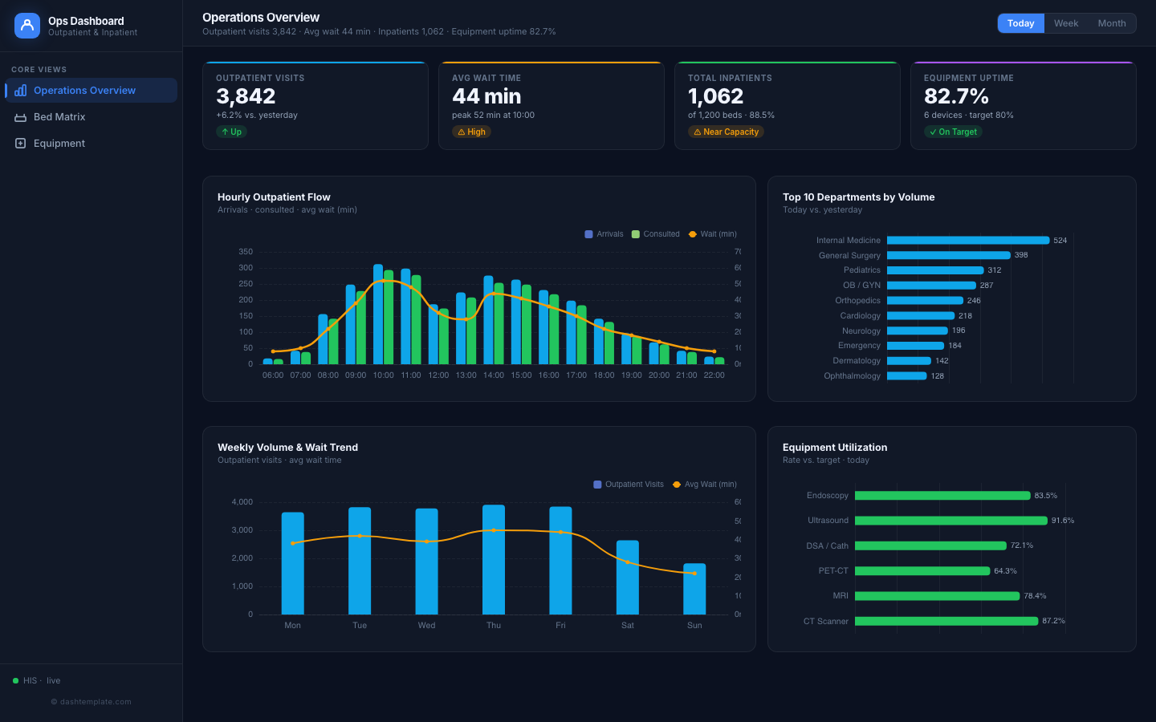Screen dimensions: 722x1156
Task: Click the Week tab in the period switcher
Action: coord(1065,23)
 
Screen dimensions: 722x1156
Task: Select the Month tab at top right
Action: coord(1111,23)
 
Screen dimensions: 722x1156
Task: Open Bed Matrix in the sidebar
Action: coord(59,117)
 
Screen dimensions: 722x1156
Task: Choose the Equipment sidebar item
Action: coord(59,144)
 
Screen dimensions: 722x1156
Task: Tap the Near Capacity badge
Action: coord(726,132)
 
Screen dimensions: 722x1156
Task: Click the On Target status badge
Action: coord(953,132)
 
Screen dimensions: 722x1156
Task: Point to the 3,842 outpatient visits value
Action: coord(246,96)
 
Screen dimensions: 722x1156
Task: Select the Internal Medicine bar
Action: coord(967,241)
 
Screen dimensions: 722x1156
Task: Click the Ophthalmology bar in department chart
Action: coord(906,376)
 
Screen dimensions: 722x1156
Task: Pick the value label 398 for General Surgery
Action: coord(1021,255)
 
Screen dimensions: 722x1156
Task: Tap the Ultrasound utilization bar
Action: coord(950,521)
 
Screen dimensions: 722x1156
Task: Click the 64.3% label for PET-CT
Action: coord(1005,571)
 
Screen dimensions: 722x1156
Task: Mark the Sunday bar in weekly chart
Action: coord(694,589)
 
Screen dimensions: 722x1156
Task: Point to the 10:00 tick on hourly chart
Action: coord(383,375)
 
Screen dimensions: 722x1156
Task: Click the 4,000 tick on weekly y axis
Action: coord(242,502)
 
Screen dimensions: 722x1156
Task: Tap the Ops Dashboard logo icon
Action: coord(27,26)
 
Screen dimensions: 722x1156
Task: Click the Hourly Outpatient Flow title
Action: coord(274,197)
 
